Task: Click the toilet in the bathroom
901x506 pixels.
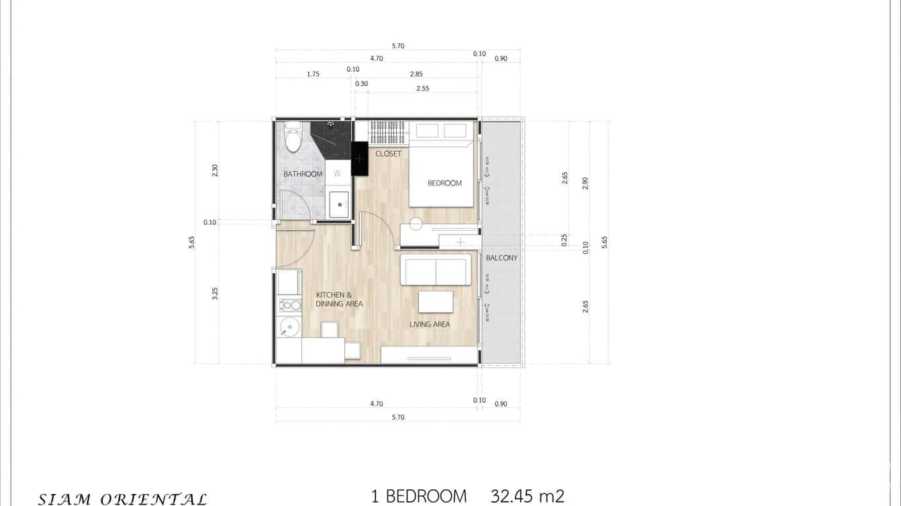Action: coord(293,140)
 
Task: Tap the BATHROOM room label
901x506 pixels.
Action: coord(303,174)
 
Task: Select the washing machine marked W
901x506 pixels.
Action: coord(338,173)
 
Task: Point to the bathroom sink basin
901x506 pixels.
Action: coord(339,204)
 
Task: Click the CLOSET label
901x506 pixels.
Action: coord(388,154)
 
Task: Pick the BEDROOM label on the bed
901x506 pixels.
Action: coord(444,183)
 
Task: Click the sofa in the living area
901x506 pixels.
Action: coord(435,270)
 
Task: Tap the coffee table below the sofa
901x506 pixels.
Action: coord(436,302)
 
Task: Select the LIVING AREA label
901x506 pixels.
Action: coord(430,325)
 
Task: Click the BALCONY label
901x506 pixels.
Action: coord(502,258)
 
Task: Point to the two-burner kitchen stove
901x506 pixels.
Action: coord(290,305)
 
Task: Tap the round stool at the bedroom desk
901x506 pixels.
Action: coord(416,224)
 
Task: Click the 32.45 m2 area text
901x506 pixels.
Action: coord(527,497)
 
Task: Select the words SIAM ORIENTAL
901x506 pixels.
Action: coord(122,499)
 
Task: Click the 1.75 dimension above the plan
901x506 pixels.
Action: coord(313,74)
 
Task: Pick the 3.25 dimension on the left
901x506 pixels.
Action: coord(216,293)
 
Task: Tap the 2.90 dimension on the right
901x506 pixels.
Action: coord(585,183)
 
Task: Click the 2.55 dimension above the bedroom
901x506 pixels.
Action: coord(422,89)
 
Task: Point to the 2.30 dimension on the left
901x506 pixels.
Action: coord(216,170)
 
